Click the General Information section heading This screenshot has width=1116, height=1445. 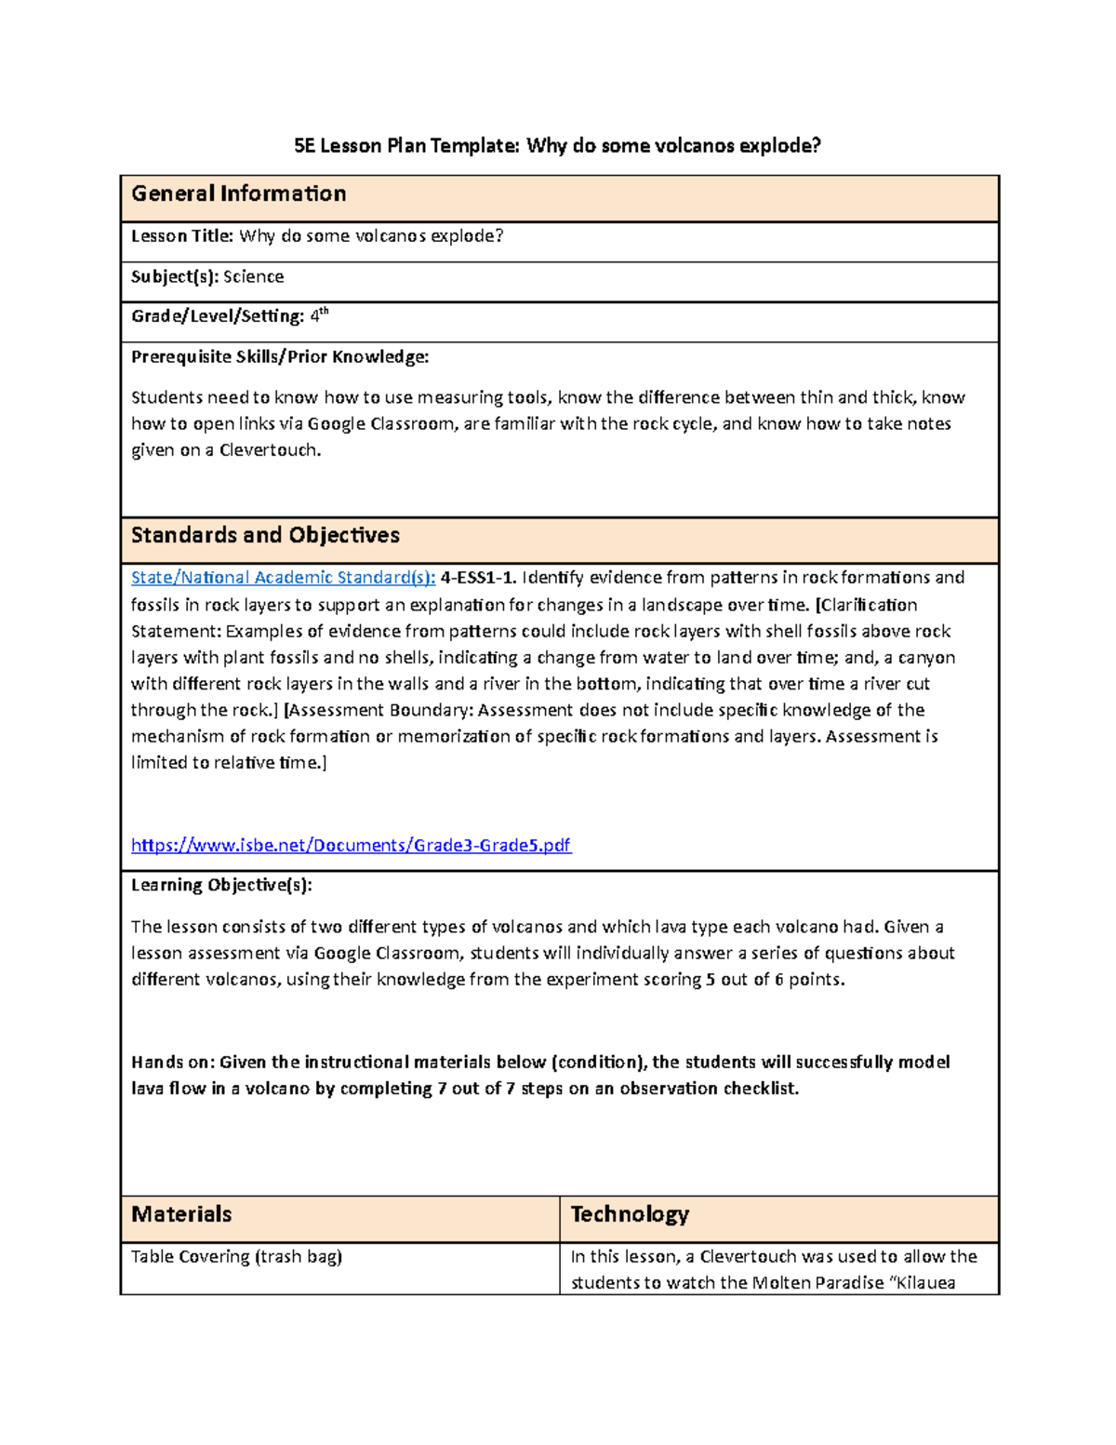(x=238, y=194)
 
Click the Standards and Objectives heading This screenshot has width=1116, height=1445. (x=265, y=535)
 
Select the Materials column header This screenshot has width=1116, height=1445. (x=181, y=1214)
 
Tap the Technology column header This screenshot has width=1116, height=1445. (x=630, y=1214)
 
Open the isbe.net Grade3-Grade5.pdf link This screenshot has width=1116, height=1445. (x=351, y=845)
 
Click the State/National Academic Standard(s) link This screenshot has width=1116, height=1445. (x=283, y=578)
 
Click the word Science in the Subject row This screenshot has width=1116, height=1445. (x=253, y=276)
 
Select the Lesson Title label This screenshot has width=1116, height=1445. (x=182, y=236)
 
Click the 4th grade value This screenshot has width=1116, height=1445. (x=318, y=315)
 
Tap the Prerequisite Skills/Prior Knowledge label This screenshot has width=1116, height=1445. (x=280, y=356)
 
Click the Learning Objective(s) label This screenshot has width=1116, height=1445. (x=221, y=885)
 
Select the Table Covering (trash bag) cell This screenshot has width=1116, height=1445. (x=236, y=1257)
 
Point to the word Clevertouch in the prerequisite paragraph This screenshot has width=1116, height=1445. (x=270, y=450)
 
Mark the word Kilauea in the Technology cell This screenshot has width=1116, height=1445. (x=923, y=1283)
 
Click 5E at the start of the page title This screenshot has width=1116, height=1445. (x=304, y=145)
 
